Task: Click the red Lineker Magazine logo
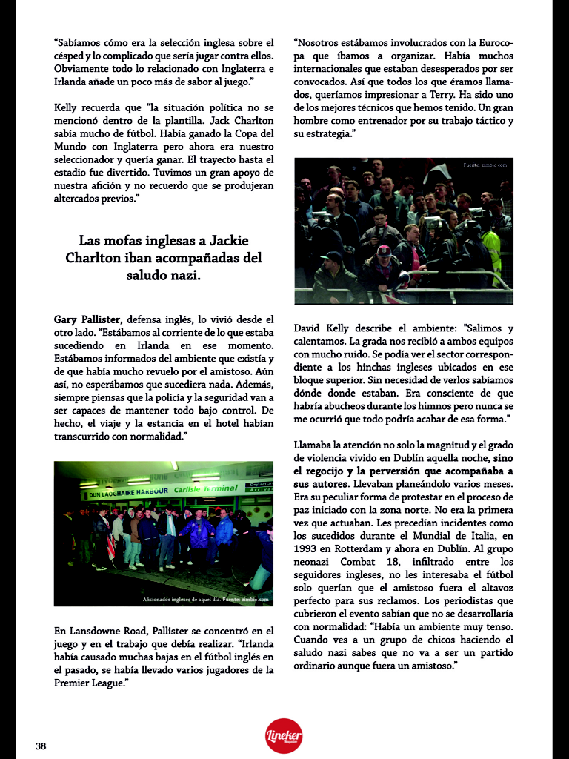284,735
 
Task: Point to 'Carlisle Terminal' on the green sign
205,489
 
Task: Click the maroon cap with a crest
385,253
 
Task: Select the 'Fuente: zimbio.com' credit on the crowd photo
485,165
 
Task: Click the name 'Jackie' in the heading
221,241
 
